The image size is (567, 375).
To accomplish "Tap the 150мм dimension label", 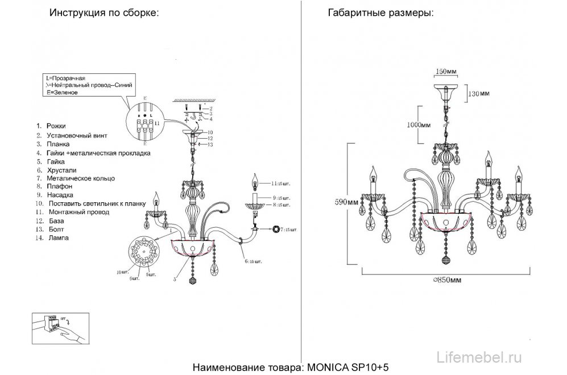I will pos(446,73).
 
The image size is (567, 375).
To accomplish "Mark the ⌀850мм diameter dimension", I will pos(446,280).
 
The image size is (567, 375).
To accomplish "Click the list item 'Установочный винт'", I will pos(78,136).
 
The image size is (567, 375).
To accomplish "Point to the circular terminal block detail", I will pos(142,122).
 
